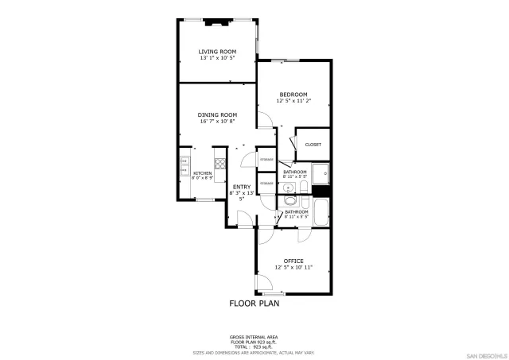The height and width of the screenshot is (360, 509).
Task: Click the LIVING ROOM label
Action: [x=217, y=52]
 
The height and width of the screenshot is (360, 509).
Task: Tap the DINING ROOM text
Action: [x=217, y=114]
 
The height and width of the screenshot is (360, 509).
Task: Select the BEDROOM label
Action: [x=293, y=95]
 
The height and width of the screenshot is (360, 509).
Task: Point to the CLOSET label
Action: [x=313, y=145]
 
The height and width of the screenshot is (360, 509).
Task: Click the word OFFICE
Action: [x=293, y=261]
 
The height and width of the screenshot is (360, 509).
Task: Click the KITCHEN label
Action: [x=202, y=173]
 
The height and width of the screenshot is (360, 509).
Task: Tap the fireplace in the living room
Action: [x=217, y=22]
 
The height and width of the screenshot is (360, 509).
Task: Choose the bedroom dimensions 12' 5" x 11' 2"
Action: [x=293, y=102]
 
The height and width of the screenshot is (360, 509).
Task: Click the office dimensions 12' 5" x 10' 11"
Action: [x=293, y=268]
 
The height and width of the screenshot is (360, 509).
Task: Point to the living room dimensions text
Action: [x=217, y=59]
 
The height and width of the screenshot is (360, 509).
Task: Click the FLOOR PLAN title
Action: [x=254, y=303]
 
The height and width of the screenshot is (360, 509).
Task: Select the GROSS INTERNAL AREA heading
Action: [x=254, y=337]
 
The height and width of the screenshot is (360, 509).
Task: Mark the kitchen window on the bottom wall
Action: [x=204, y=199]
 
